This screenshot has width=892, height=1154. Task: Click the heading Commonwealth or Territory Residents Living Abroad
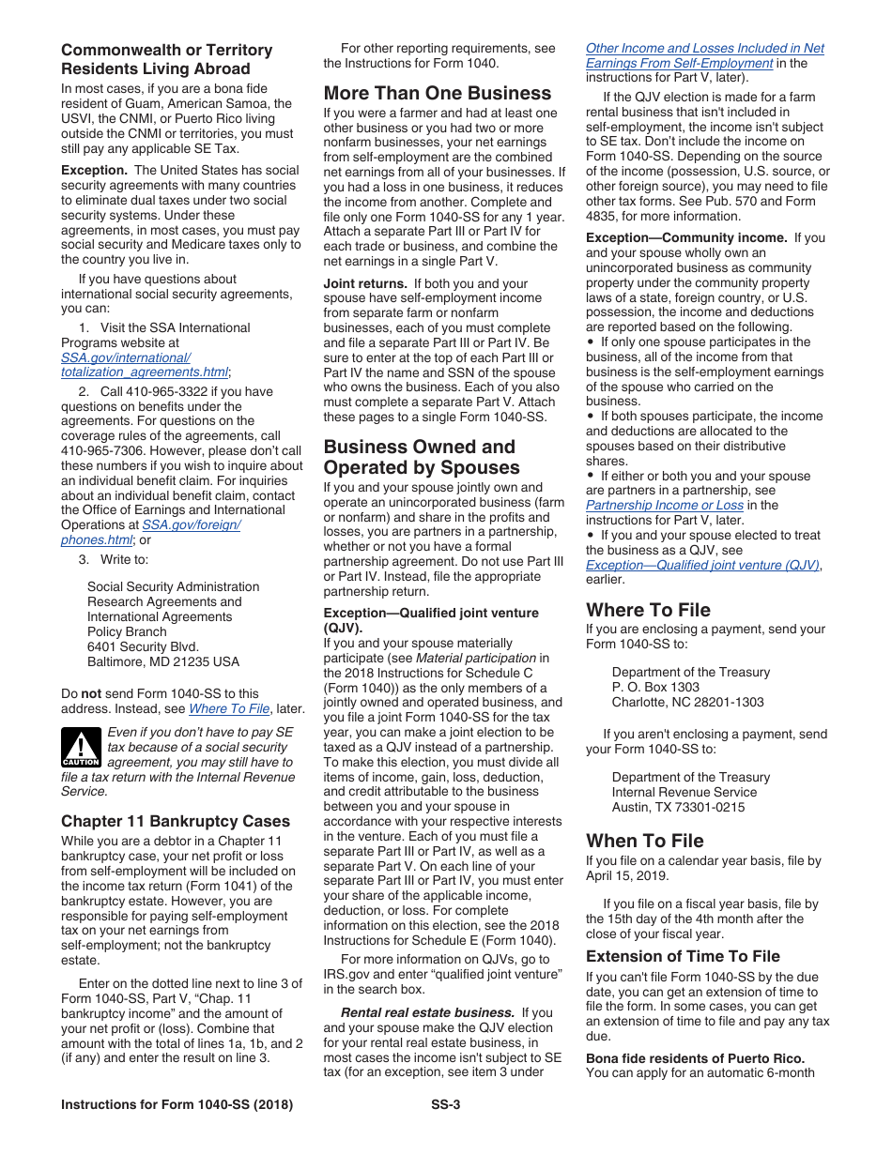tap(166, 59)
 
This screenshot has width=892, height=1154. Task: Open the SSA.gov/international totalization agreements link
tap(145, 365)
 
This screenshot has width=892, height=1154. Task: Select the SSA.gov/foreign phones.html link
tap(150, 533)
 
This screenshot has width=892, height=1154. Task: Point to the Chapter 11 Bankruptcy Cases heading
tap(176, 821)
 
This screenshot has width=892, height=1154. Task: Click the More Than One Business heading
tap(438, 93)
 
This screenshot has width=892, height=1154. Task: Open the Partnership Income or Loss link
tap(664, 505)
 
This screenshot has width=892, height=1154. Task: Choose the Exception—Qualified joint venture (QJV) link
tap(702, 565)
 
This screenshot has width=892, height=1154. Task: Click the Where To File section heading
tap(648, 610)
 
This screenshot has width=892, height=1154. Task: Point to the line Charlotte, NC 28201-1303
tap(687, 702)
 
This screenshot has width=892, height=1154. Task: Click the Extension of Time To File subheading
tap(683, 956)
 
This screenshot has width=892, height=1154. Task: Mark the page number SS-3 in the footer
tap(445, 1105)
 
